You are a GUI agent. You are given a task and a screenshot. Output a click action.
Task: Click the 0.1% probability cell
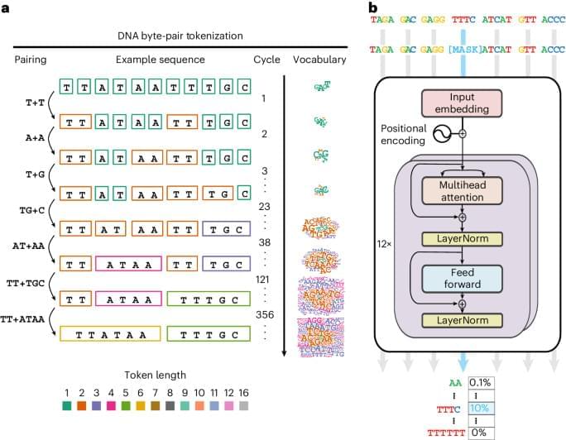(x=481, y=383)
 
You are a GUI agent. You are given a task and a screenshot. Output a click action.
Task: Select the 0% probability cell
(x=481, y=433)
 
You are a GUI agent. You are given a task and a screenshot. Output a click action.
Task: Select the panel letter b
(x=372, y=7)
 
